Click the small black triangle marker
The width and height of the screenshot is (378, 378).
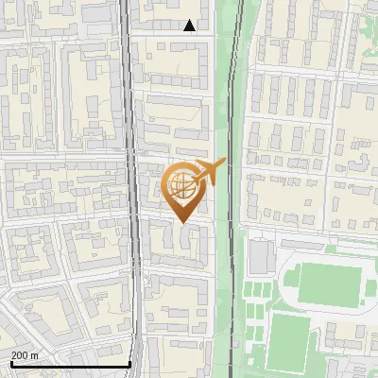pos(190,26)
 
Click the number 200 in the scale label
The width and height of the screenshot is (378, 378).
pos(19,354)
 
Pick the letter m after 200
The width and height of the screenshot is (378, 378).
pos(35,354)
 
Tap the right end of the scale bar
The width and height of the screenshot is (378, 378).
pos(129,364)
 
